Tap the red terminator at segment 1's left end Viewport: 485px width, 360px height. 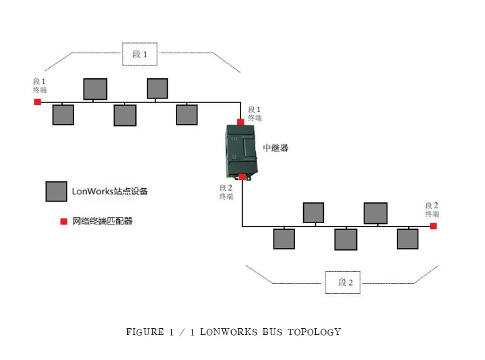click(38, 102)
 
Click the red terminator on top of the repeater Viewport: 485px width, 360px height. click(240, 122)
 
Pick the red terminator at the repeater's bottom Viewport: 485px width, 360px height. click(243, 177)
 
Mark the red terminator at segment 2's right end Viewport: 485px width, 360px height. click(433, 226)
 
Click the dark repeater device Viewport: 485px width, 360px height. click(241, 152)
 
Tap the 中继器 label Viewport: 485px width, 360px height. click(276, 148)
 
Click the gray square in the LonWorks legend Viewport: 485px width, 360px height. click(57, 191)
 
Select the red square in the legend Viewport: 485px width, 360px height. click(64, 221)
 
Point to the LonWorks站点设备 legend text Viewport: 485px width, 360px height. click(110, 191)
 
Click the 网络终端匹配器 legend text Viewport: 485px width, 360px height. click(102, 221)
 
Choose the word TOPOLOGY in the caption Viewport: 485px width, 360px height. click(315, 332)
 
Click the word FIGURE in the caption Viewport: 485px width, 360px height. click(145, 332)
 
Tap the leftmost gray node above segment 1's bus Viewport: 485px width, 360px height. click(95, 89)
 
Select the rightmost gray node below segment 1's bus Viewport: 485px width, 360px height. click(187, 115)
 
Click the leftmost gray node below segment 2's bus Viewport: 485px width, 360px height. click(284, 239)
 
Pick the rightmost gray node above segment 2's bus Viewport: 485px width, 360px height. click(375, 213)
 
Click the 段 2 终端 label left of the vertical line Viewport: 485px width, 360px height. click(226, 192)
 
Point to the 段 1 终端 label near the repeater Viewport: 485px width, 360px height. click(255, 114)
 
